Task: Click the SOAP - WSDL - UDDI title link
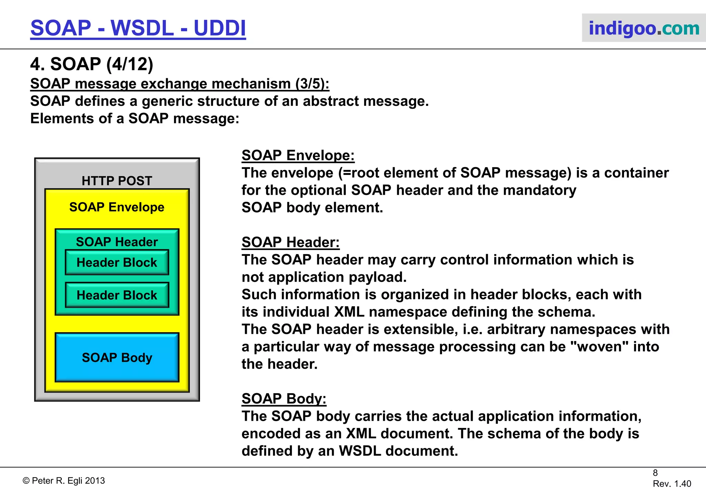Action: pyautogui.click(x=138, y=28)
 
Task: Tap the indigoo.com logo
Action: pyautogui.click(x=643, y=28)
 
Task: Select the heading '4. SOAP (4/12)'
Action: pyautogui.click(x=92, y=64)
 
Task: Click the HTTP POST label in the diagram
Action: pyautogui.click(x=117, y=181)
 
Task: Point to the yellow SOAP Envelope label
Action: pyautogui.click(x=117, y=207)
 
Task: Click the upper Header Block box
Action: pyautogui.click(x=117, y=263)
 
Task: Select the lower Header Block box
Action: pyautogui.click(x=117, y=295)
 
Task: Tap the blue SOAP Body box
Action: pyautogui.click(x=117, y=358)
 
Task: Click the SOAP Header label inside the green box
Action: pyautogui.click(x=117, y=242)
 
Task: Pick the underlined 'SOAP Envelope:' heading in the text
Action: pyautogui.click(x=298, y=156)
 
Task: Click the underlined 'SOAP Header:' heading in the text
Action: pyautogui.click(x=290, y=242)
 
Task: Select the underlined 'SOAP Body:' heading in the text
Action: pyautogui.click(x=284, y=399)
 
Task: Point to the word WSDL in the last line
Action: pyautogui.click(x=360, y=451)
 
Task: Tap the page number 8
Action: pyautogui.click(x=655, y=473)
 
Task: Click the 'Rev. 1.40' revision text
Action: pyautogui.click(x=672, y=483)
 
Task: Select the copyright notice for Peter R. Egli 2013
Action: pyautogui.click(x=64, y=481)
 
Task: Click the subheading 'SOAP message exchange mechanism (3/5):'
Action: pyautogui.click(x=180, y=84)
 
